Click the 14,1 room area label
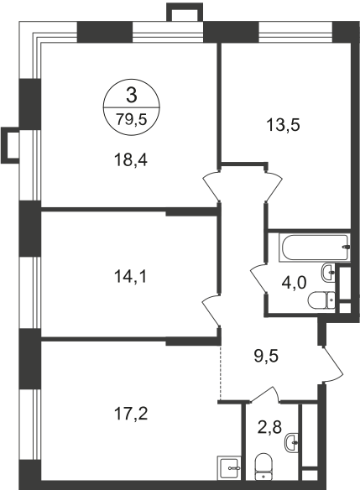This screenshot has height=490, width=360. (x=130, y=274)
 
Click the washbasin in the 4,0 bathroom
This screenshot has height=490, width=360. (x=333, y=273)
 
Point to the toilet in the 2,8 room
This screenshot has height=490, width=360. (x=263, y=467)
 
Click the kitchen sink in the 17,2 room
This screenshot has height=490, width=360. (x=229, y=466)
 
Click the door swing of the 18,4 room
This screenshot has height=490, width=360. (x=210, y=185)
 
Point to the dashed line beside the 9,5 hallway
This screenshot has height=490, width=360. (x=220, y=370)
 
